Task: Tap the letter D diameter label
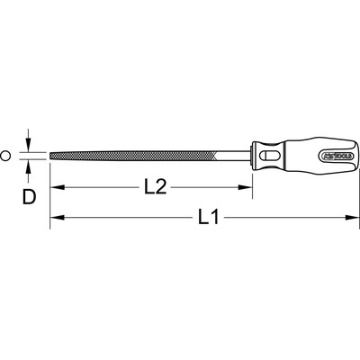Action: [x=29, y=195]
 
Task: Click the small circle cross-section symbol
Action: [x=6, y=156]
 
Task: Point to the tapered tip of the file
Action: [x=52, y=156]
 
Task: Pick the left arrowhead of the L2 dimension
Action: [x=55, y=188]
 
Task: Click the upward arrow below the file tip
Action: [x=31, y=166]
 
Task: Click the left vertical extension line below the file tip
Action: [x=49, y=193]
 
